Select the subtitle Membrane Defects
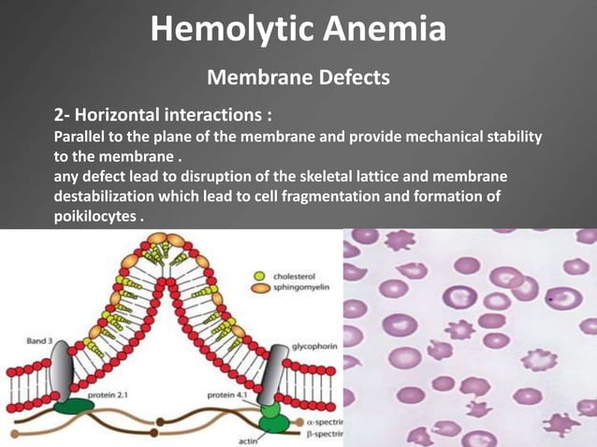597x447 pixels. pos(298,77)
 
